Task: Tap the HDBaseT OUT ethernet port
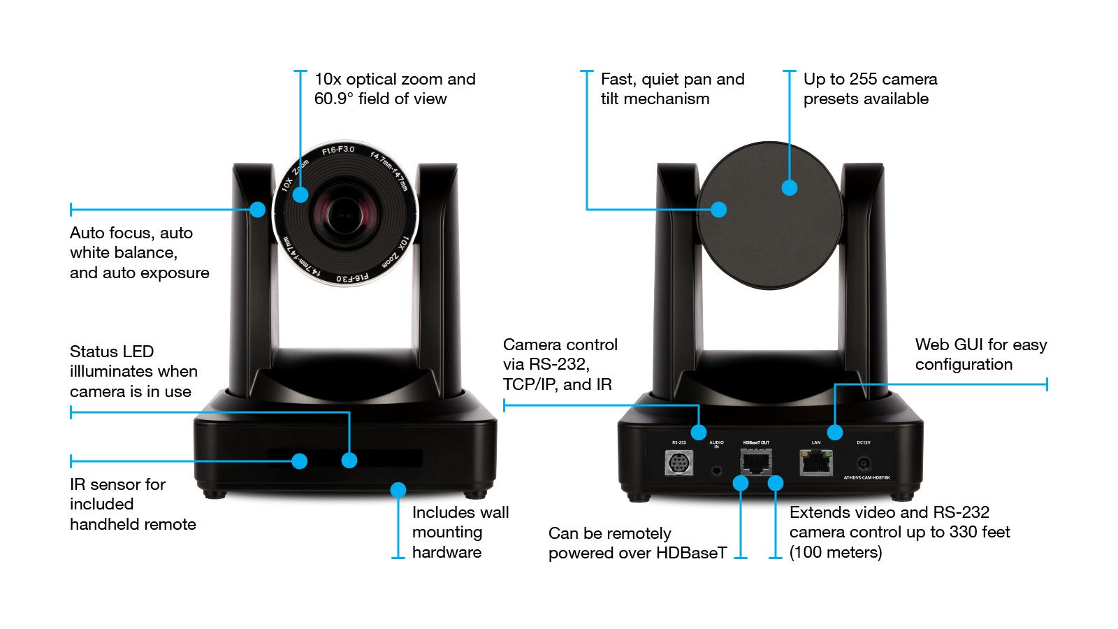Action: point(756,461)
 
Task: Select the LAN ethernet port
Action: point(815,462)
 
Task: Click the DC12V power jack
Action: point(864,463)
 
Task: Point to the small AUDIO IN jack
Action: point(716,469)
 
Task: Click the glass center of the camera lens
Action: point(344,213)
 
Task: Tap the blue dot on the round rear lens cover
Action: point(790,187)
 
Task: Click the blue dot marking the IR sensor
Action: point(299,461)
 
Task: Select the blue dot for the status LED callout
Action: point(349,460)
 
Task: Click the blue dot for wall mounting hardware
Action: point(398,490)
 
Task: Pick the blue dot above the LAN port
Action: point(834,432)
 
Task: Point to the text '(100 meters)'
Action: point(836,552)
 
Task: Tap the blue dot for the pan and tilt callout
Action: point(718,209)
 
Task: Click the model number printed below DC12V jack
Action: point(866,477)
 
